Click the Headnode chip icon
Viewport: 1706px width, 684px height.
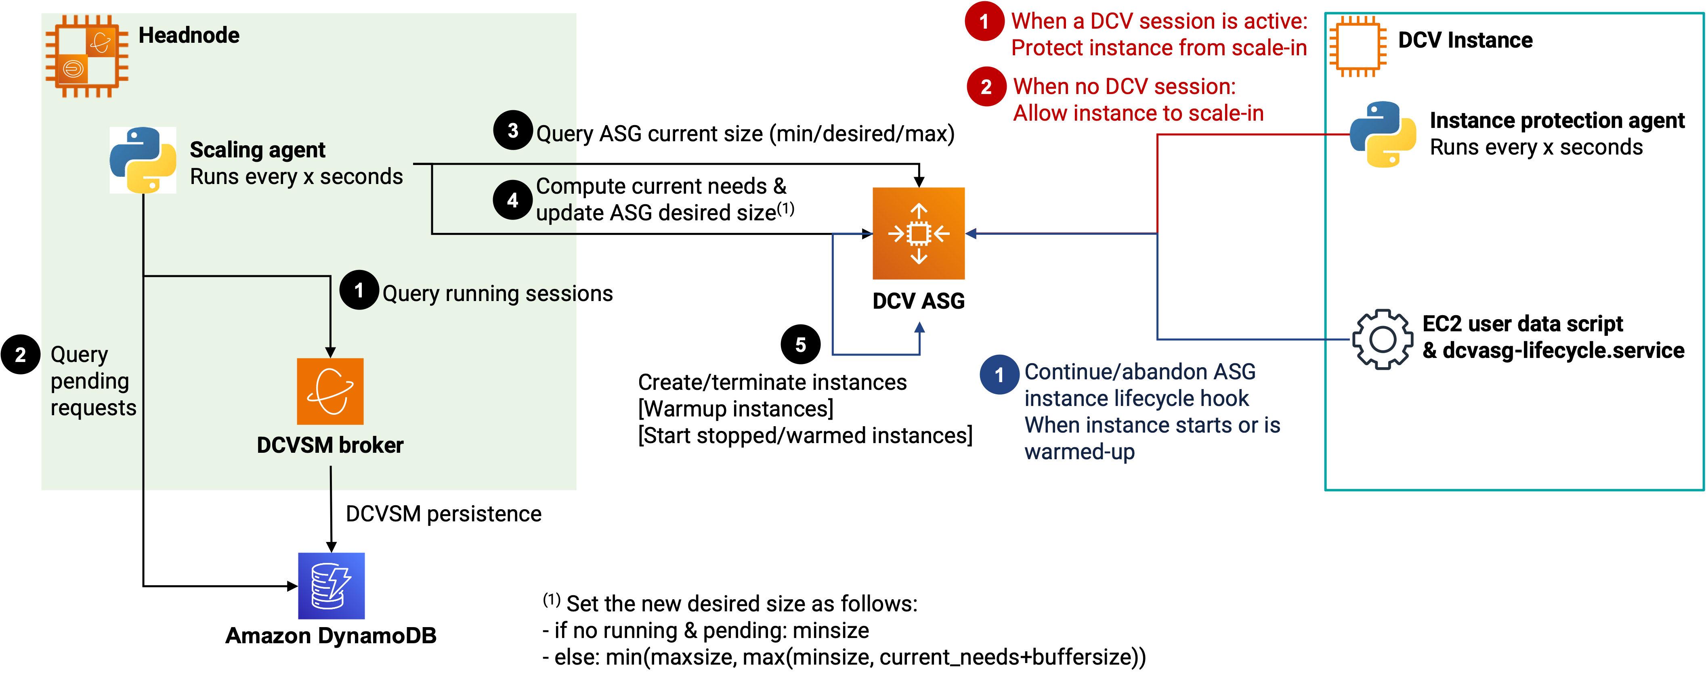(x=87, y=56)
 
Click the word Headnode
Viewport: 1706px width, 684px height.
(x=189, y=35)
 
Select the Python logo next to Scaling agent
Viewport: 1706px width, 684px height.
(x=143, y=160)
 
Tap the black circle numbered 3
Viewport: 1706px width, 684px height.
(x=512, y=130)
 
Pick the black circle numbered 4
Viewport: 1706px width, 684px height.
(x=512, y=200)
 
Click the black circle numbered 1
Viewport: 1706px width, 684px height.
(x=359, y=290)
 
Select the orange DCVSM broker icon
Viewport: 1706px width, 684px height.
(x=330, y=391)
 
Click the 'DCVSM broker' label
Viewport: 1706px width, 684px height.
(x=330, y=446)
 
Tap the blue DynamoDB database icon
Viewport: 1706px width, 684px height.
(x=331, y=586)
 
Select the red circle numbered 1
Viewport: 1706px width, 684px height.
(x=984, y=21)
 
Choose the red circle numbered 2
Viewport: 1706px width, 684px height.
(x=986, y=87)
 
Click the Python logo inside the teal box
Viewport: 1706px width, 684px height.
(x=1383, y=134)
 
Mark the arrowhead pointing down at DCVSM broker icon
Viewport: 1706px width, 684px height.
(x=330, y=352)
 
